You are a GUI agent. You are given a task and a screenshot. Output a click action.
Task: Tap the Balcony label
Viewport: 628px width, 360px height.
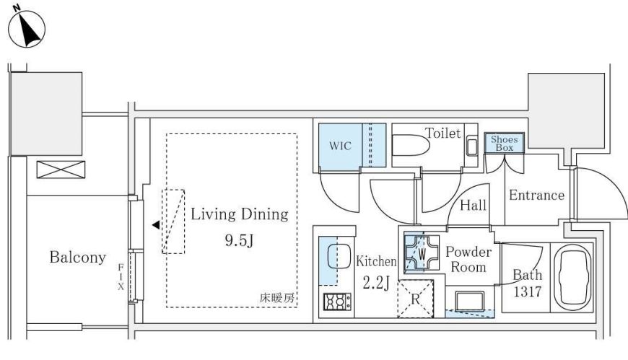click(x=78, y=257)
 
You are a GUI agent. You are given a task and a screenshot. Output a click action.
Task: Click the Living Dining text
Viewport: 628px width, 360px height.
click(x=240, y=214)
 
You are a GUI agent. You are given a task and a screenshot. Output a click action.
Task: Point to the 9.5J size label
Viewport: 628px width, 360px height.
click(x=239, y=240)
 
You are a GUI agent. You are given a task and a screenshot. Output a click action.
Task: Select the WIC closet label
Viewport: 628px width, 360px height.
click(x=340, y=146)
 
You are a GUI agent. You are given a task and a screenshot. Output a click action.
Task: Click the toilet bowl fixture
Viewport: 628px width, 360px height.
click(x=411, y=144)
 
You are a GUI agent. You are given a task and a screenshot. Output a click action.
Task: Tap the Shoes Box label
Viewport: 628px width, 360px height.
click(x=505, y=144)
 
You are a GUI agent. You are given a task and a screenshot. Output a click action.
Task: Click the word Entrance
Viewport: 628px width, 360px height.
click(x=536, y=195)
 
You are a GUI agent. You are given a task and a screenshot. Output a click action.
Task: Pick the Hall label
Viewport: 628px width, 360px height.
click(x=473, y=206)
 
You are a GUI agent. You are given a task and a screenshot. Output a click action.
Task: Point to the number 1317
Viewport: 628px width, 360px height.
click(x=528, y=291)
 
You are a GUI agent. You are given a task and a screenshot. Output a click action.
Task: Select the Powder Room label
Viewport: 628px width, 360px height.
click(x=468, y=260)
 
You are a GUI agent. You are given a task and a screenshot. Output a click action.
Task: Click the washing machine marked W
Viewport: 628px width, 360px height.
click(x=422, y=253)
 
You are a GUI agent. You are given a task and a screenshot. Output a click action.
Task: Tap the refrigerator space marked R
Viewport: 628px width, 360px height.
click(x=415, y=299)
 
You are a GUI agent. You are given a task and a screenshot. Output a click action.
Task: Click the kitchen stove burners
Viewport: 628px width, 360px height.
click(x=337, y=302)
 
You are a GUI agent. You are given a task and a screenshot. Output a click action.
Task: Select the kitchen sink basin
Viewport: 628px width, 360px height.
click(x=339, y=256)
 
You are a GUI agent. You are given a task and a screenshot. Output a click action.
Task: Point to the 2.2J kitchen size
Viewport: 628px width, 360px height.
click(x=376, y=283)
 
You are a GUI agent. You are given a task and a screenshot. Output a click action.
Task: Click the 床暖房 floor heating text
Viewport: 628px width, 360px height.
click(x=276, y=298)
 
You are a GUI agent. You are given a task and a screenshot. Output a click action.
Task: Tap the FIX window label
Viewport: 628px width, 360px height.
click(x=121, y=277)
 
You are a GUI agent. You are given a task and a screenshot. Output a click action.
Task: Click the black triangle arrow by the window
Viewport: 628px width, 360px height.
click(x=156, y=225)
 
